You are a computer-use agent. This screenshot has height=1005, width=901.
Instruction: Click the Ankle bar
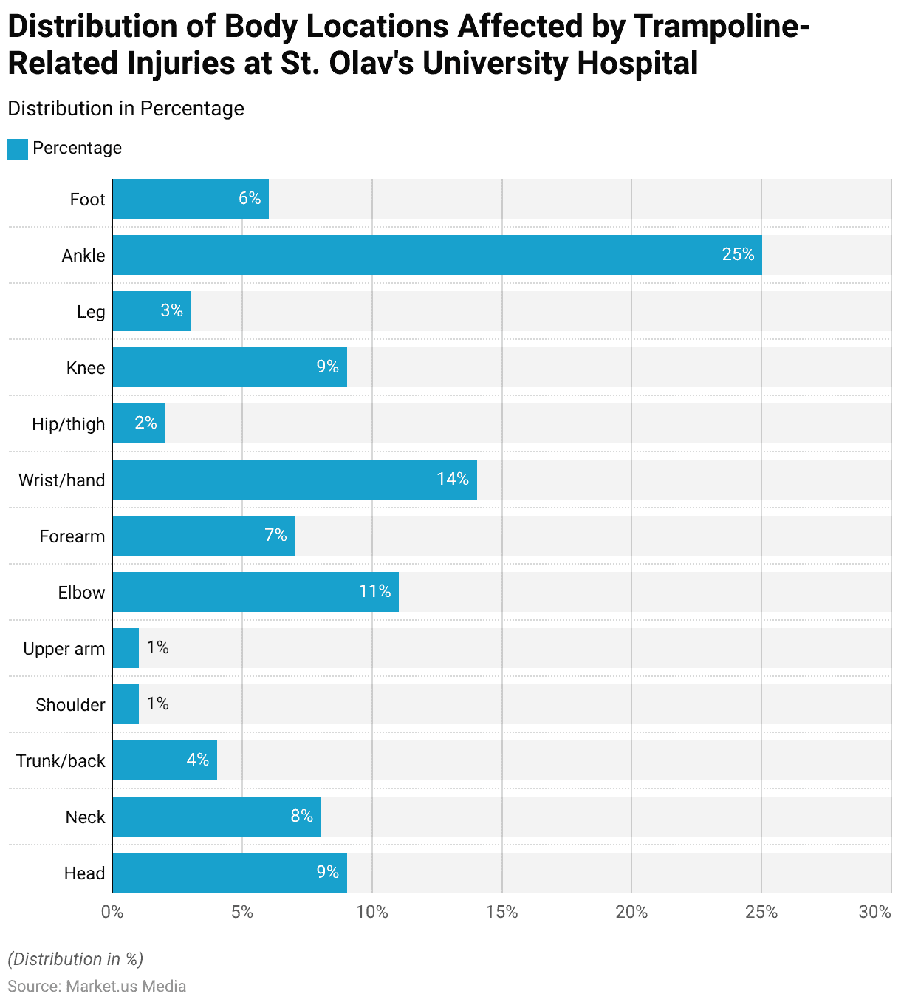pos(436,255)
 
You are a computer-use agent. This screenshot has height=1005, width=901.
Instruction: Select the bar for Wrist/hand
pos(295,480)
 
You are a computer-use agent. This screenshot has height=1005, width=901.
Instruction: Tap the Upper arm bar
pos(126,648)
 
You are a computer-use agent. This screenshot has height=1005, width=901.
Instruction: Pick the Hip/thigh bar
pos(139,423)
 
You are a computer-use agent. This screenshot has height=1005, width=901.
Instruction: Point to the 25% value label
pos(738,255)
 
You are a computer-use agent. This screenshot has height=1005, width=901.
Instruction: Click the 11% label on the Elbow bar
pos(374,591)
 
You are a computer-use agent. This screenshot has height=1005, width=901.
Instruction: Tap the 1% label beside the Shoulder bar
pos(157,703)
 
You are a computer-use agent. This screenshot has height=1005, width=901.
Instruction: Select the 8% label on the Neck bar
pos(301,816)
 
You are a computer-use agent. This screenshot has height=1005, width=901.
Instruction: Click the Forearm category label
pos(72,536)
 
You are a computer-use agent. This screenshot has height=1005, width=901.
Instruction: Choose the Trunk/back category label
pos(61,761)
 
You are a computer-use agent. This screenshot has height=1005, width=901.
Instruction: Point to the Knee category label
pos(86,368)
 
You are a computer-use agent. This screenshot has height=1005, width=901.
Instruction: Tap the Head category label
pos(84,873)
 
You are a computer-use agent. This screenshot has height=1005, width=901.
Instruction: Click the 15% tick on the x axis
pos(502,912)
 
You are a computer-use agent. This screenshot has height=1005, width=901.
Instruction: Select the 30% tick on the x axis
pos(875,912)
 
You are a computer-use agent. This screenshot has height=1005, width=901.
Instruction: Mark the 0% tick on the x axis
pos(112,912)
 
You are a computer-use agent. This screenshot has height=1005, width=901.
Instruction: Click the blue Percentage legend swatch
pos(18,149)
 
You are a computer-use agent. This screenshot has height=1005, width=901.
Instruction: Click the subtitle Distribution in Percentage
pos(126,109)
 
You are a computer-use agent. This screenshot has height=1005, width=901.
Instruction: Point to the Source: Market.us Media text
pos(97,986)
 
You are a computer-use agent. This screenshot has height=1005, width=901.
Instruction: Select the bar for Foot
pos(191,199)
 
